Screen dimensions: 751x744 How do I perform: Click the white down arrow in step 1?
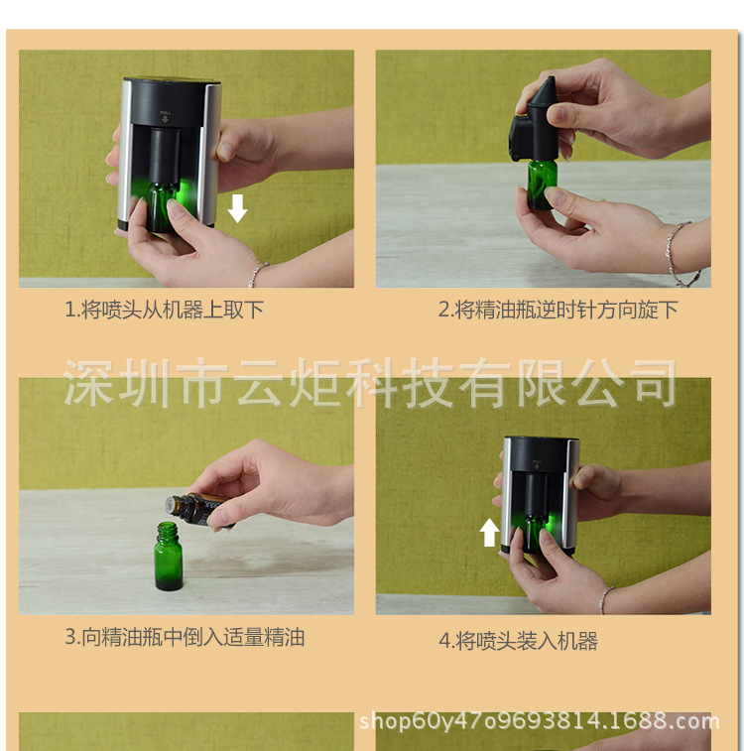tap(237, 208)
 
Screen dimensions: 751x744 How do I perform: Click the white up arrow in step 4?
tap(489, 532)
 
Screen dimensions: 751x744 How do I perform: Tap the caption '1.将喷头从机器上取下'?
tap(165, 310)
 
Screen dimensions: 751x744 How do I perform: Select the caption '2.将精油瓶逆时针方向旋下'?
tap(558, 310)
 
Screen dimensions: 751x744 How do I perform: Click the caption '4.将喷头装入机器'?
tap(519, 641)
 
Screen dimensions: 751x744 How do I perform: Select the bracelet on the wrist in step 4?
tap(605, 599)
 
